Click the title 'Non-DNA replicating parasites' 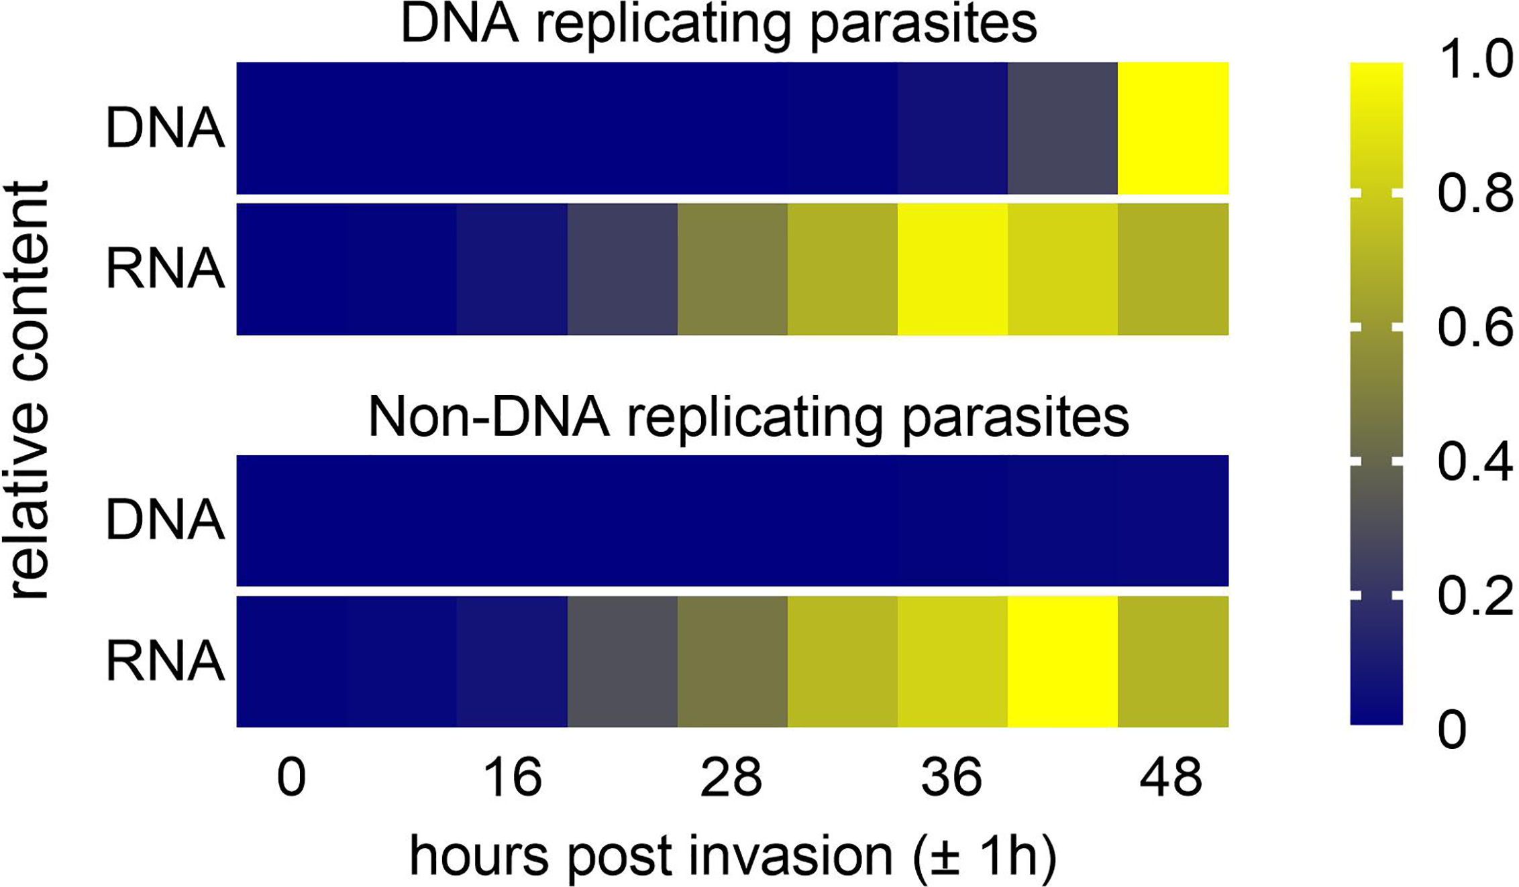click(748, 418)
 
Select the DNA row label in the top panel click(165, 129)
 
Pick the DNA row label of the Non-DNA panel click(165, 521)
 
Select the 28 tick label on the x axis click(731, 778)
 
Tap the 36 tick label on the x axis click(952, 778)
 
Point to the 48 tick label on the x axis click(1171, 778)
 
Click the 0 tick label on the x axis click(292, 778)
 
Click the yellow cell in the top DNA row click(1173, 129)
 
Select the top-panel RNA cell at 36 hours click(953, 270)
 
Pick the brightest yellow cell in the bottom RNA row click(1063, 662)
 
